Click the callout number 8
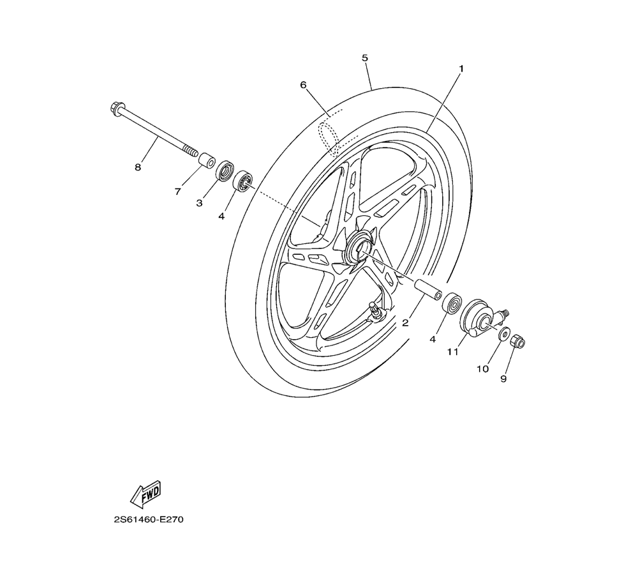pos(138,167)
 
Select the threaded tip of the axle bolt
pos(190,151)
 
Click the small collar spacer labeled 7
pos(207,160)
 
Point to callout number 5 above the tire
pos(364,58)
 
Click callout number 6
pos(303,85)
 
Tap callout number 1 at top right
pos(461,69)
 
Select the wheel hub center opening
pos(358,247)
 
